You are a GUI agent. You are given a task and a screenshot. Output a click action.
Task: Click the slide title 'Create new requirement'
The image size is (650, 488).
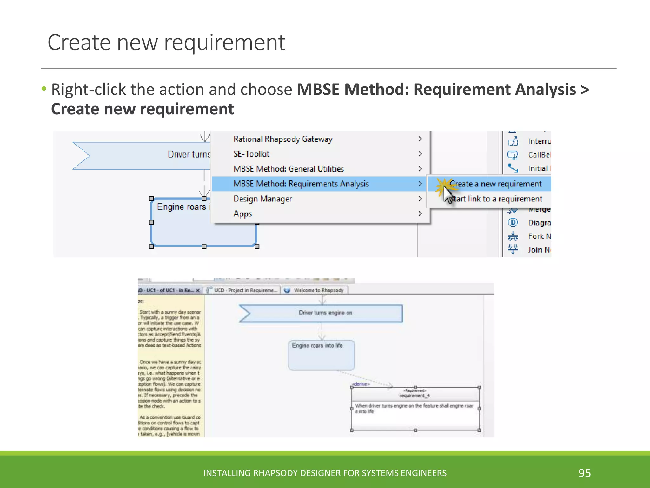click(x=166, y=43)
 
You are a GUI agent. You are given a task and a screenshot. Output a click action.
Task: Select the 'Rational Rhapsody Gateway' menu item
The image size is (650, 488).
click(x=283, y=139)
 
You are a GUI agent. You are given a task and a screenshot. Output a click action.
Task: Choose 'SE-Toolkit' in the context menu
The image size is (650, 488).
click(x=251, y=154)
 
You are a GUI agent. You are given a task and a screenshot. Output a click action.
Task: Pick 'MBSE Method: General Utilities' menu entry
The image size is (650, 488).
click(x=289, y=169)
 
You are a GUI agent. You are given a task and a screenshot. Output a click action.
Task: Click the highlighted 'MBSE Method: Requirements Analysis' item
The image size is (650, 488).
click(x=301, y=184)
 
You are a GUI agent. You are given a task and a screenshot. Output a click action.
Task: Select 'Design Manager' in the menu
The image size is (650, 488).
click(x=262, y=199)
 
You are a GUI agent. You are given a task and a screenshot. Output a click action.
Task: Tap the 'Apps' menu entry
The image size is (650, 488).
click(x=243, y=214)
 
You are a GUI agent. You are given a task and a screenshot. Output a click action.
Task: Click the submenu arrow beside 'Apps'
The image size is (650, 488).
click(x=420, y=214)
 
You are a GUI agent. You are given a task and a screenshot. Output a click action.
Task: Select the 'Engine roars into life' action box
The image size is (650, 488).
click(x=321, y=355)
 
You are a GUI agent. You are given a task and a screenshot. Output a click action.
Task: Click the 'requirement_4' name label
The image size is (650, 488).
click(x=415, y=396)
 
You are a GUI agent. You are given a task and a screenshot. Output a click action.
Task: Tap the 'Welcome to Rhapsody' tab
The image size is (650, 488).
click(x=318, y=290)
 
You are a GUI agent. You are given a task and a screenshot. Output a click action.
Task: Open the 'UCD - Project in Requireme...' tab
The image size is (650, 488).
click(x=245, y=290)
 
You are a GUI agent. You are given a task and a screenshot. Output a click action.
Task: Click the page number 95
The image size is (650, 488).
click(x=585, y=473)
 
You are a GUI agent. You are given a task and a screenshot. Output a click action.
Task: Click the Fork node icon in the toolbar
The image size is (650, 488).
click(x=513, y=236)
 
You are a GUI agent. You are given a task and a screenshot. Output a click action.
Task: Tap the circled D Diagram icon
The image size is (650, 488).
click(x=513, y=222)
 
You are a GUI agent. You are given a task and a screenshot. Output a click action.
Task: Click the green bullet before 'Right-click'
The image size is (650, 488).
click(x=44, y=88)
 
